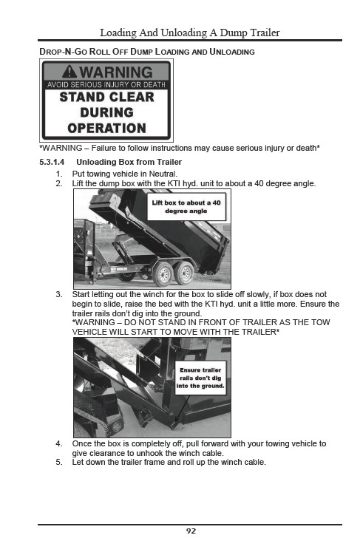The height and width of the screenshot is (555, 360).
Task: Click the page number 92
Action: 191,531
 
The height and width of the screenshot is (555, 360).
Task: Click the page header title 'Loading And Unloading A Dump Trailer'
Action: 190,33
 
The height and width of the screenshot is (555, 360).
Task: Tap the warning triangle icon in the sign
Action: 69,72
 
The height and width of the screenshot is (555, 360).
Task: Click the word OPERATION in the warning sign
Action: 106,128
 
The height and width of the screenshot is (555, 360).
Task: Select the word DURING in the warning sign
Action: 106,112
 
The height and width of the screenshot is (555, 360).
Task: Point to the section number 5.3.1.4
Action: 52,162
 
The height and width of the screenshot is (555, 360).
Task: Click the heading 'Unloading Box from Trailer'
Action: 129,162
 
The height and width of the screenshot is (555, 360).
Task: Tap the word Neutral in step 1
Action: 163,174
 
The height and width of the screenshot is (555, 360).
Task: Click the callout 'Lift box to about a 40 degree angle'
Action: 186,207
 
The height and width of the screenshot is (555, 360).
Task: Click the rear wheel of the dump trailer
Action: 184,273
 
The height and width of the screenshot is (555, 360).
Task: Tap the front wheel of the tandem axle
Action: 163,274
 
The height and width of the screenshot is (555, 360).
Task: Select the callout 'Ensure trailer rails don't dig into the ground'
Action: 200,378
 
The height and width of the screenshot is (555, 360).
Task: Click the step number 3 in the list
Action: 58,294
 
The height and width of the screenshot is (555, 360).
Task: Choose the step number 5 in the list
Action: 58,463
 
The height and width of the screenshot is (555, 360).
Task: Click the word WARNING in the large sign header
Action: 116,72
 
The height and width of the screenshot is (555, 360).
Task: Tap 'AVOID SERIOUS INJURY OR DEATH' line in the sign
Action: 106,84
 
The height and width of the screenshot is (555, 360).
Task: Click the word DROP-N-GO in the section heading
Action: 63,52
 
